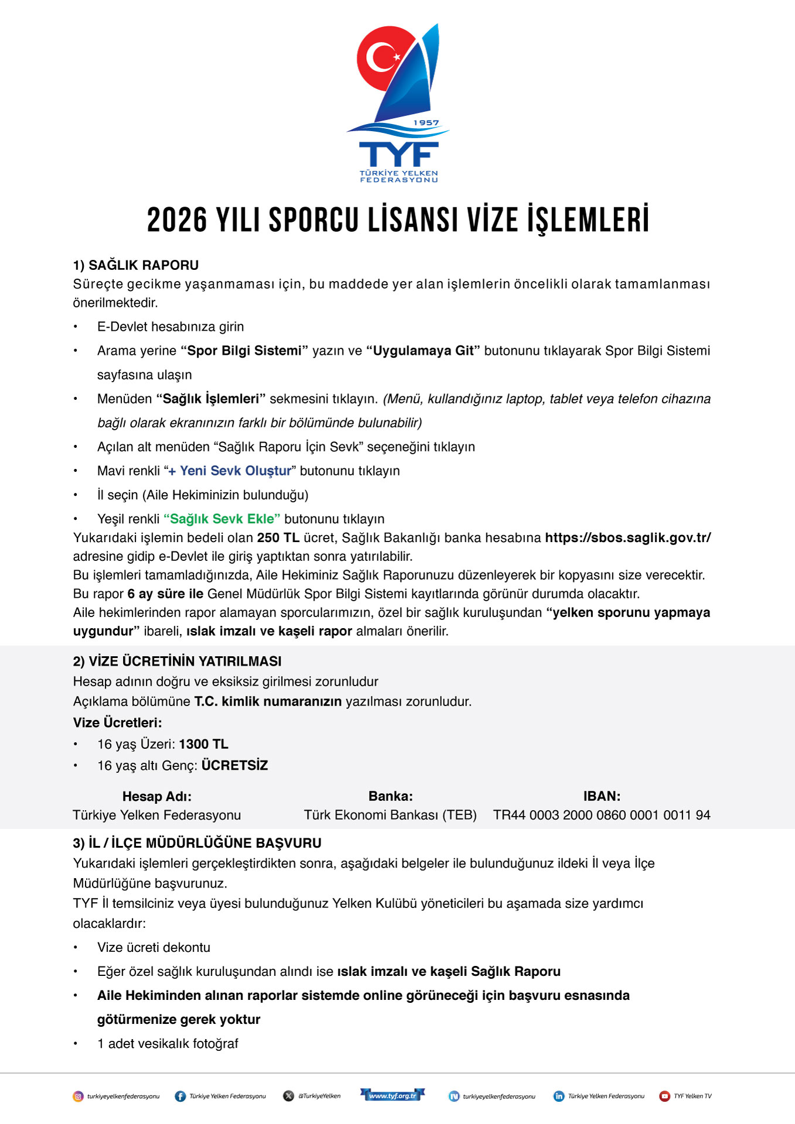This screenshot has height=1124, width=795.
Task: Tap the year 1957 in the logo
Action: (x=426, y=123)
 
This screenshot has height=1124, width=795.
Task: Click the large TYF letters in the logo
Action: (x=398, y=155)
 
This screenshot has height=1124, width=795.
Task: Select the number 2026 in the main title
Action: (x=177, y=221)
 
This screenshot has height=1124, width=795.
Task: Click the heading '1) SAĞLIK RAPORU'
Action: (x=136, y=265)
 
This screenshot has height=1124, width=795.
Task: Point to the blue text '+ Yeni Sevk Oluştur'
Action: (x=230, y=471)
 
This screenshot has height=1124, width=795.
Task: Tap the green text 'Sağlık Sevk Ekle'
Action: (x=222, y=519)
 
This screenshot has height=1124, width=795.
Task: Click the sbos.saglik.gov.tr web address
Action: (x=627, y=537)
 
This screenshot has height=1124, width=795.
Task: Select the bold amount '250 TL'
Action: (x=278, y=537)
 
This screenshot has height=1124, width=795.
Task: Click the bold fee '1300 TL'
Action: (x=204, y=744)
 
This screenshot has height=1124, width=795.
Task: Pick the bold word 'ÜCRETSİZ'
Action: (x=235, y=765)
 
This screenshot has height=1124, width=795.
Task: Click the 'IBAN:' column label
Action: (x=602, y=796)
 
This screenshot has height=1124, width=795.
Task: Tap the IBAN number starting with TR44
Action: (x=602, y=815)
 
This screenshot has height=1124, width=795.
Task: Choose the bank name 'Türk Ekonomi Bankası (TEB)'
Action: (x=390, y=815)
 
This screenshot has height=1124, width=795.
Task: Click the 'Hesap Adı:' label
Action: (x=157, y=796)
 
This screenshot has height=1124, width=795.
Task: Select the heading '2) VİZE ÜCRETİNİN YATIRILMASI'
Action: (x=178, y=662)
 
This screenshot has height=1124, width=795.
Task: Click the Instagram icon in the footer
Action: (x=78, y=1096)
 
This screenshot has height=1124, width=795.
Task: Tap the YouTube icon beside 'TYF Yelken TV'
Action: (x=664, y=1096)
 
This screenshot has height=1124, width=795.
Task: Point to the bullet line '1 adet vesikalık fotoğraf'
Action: (x=168, y=1044)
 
